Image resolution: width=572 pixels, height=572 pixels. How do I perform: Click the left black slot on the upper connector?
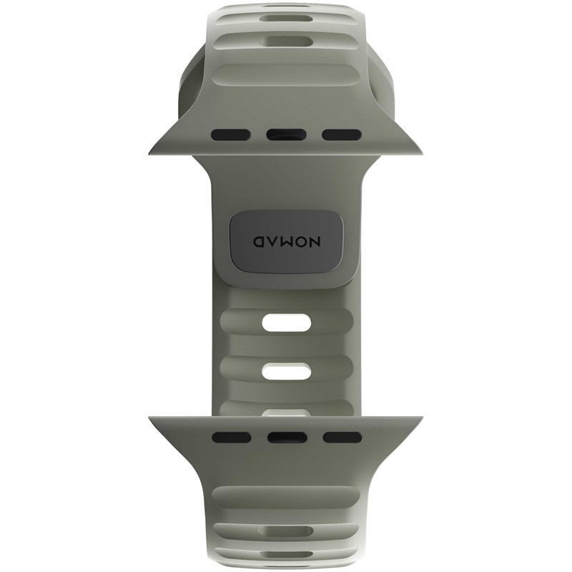click(x=230, y=135)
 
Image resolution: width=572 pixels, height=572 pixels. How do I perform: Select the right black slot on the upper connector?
click(x=342, y=135)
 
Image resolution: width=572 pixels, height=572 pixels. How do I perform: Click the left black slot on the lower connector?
click(x=231, y=437)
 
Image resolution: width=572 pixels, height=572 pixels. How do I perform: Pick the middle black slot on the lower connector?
click(x=286, y=437)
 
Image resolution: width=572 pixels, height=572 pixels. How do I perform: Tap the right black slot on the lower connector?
click(x=342, y=437)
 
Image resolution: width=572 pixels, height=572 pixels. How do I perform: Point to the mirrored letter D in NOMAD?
click(x=259, y=242)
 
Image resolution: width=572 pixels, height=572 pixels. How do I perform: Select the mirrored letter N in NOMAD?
click(x=314, y=242)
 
